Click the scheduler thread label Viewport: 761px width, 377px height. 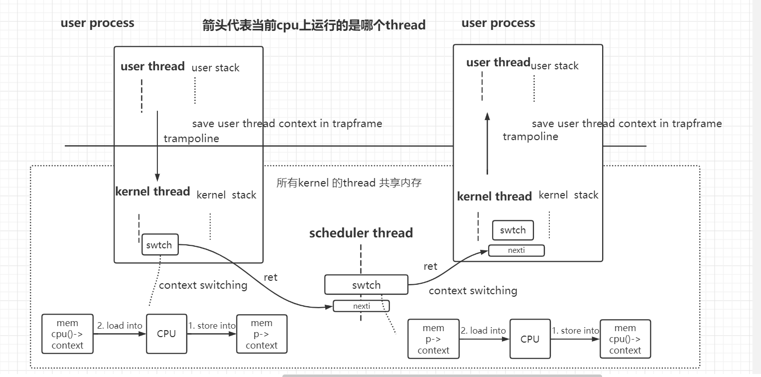(361, 233)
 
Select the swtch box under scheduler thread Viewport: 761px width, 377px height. (366, 285)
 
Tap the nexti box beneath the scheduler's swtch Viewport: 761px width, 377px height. (362, 306)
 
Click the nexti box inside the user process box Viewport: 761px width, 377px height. (516, 250)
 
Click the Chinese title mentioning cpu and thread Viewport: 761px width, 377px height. (314, 25)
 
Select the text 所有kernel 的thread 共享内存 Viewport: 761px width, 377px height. (349, 183)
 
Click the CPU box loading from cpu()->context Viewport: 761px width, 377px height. (166, 334)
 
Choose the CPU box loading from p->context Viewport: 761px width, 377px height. (530, 339)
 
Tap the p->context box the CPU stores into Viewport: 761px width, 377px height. (261, 334)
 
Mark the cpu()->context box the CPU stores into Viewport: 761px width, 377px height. (625, 339)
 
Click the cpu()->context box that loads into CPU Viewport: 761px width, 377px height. (67, 334)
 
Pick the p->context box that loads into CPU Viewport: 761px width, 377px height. (433, 339)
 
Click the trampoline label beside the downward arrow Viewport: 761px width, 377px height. (191, 138)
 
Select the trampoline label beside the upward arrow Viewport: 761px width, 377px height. (530, 136)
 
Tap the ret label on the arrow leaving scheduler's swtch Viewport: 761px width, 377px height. (430, 266)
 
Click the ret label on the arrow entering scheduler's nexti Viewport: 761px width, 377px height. (270, 277)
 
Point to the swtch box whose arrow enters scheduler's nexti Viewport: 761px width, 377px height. (160, 245)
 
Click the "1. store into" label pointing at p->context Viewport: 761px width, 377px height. (212, 326)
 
